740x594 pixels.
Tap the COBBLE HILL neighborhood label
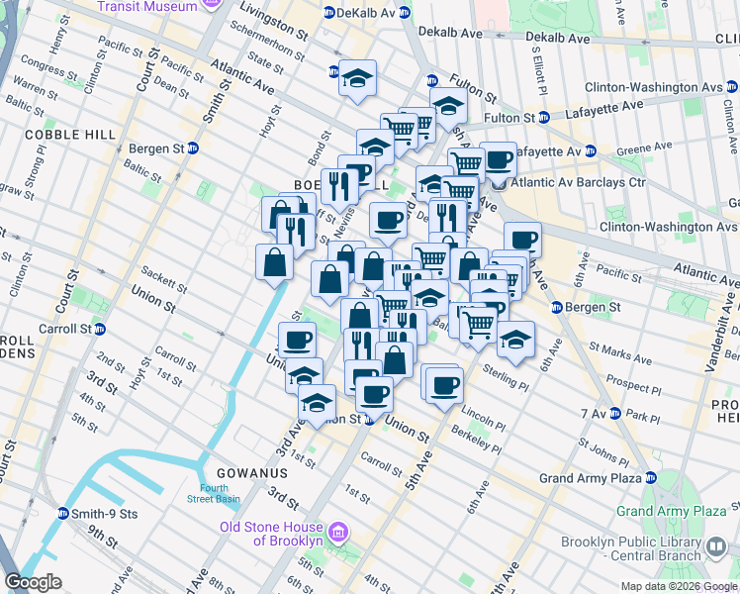pyautogui.click(x=65, y=134)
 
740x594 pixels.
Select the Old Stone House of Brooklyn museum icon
pyautogui.click(x=336, y=534)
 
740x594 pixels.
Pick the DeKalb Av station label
pyautogui.click(x=367, y=13)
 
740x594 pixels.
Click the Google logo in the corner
pyautogui.click(x=33, y=582)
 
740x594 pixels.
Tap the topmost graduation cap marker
pyautogui.click(x=357, y=77)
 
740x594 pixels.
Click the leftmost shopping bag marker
pyautogui.click(x=274, y=261)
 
